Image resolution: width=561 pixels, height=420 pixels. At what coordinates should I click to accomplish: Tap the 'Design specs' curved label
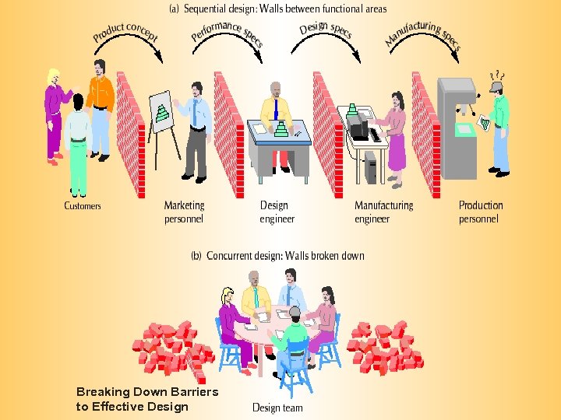[326, 30]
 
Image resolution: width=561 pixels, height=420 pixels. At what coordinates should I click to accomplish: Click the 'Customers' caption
[83, 206]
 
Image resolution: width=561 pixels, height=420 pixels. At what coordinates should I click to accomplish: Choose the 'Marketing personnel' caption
[184, 212]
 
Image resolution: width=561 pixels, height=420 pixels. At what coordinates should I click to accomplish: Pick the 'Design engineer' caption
[277, 212]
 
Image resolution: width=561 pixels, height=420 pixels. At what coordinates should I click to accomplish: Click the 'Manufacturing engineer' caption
[383, 212]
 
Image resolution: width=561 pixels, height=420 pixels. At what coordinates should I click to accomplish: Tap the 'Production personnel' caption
[481, 212]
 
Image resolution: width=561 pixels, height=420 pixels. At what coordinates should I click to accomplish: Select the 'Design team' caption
[277, 407]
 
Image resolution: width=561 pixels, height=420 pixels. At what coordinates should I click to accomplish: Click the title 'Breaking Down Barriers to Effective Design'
[146, 398]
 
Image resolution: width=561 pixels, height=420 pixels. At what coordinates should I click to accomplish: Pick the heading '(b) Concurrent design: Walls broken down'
[278, 255]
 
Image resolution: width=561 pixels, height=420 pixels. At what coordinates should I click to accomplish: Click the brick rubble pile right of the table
[385, 346]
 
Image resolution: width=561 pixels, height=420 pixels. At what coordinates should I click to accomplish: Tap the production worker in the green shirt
[499, 124]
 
